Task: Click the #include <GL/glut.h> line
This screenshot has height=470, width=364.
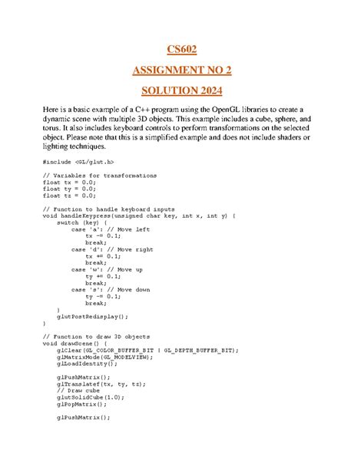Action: (80, 162)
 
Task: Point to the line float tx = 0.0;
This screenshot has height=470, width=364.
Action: (71, 182)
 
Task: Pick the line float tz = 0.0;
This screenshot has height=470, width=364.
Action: (71, 196)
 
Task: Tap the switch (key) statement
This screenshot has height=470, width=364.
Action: (85, 223)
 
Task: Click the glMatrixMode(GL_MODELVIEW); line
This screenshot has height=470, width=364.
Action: (104, 357)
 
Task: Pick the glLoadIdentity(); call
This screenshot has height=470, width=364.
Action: (88, 363)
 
